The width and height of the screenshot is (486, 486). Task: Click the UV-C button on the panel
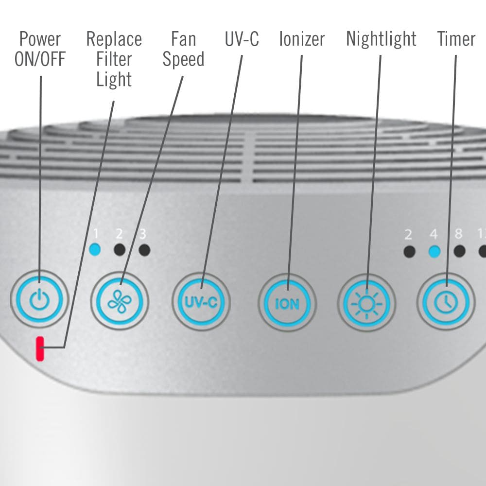(201, 302)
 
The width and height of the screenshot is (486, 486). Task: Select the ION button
(287, 303)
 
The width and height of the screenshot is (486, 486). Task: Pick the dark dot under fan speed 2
(120, 250)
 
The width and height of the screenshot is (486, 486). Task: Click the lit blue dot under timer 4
(434, 251)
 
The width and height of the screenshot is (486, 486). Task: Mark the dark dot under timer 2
(410, 251)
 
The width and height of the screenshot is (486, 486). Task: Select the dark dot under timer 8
(459, 251)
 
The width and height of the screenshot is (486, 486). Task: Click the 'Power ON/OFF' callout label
(40, 49)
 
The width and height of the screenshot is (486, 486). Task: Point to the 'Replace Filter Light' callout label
(114, 59)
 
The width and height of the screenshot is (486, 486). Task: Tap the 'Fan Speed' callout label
(183, 49)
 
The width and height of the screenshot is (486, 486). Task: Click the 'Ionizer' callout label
(302, 39)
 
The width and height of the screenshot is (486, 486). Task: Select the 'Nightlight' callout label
(381, 39)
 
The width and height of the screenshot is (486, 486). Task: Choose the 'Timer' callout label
(456, 39)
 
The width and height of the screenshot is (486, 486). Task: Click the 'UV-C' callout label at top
(242, 39)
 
